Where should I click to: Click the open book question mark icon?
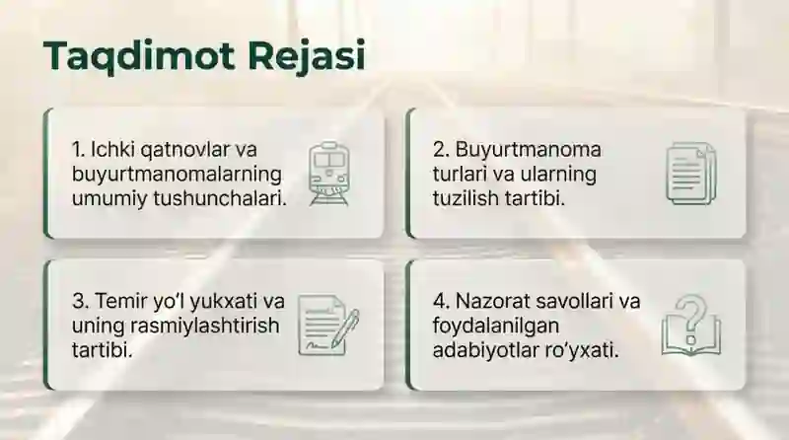point(691,325)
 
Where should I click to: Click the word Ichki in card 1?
point(113,150)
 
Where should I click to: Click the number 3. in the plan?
point(79,301)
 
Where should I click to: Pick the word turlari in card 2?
point(460,174)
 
